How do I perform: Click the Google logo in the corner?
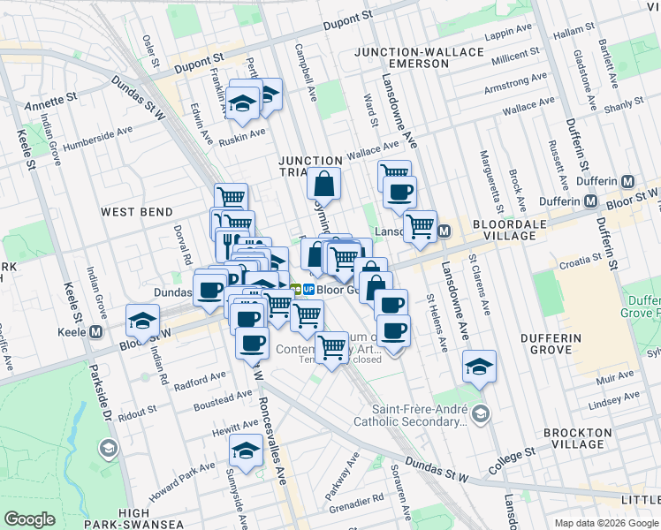point(29,519)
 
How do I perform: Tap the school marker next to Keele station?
point(141,322)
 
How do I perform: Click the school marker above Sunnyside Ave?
point(245,451)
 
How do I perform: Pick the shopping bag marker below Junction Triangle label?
point(324,185)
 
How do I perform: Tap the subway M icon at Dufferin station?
point(628,181)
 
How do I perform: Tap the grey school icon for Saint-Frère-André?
point(479,413)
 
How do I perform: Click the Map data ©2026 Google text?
point(605,523)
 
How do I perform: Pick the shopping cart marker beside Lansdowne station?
point(420,226)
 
